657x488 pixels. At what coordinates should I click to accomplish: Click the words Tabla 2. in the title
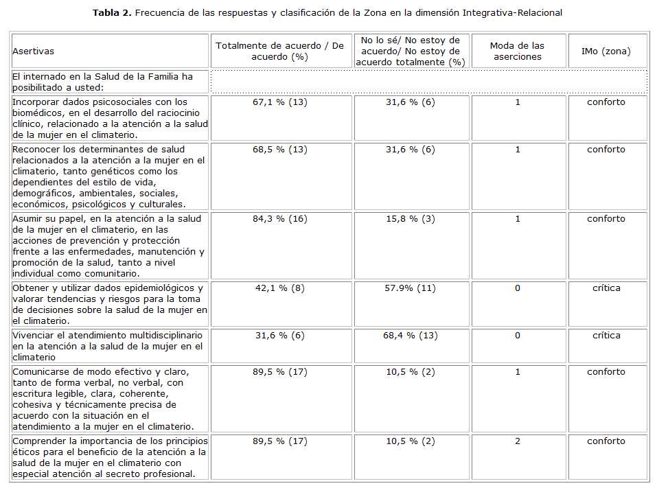tap(111, 13)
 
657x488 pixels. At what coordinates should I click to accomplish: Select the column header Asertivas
tap(33, 51)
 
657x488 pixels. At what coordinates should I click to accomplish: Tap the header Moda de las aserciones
tap(517, 51)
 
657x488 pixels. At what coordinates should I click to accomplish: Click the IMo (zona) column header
tap(606, 51)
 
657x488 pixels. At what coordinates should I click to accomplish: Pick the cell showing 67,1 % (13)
tap(279, 102)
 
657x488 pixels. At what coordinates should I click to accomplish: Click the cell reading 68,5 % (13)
tap(279, 150)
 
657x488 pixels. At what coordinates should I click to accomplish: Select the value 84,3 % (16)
tap(279, 219)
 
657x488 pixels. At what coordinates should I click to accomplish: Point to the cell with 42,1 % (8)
tap(279, 288)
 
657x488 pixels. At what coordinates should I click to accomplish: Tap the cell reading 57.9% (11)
tap(410, 288)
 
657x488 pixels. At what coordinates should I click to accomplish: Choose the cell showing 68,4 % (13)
tap(410, 336)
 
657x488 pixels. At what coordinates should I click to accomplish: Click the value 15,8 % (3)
tap(410, 219)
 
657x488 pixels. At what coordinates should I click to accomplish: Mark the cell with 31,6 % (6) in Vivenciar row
tap(279, 336)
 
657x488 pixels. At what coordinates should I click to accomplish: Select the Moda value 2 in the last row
tap(518, 441)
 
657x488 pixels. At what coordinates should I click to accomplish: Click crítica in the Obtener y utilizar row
tap(606, 288)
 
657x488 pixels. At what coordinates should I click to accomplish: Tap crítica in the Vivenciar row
tap(606, 336)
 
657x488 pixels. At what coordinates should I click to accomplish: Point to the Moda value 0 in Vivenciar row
tap(518, 336)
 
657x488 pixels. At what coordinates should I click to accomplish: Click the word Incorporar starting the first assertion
tap(34, 102)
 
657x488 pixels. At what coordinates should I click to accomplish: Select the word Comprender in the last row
tap(38, 441)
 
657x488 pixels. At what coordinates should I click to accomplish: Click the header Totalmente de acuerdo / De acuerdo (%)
tap(279, 51)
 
